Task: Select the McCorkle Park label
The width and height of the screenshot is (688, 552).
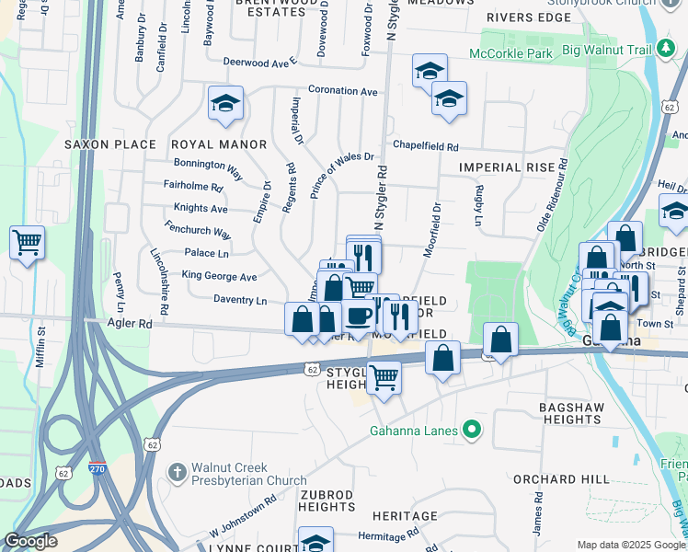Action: click(x=510, y=54)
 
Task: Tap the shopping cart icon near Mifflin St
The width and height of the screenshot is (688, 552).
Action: click(x=27, y=243)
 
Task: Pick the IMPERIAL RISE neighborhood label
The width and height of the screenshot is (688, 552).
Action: click(x=508, y=167)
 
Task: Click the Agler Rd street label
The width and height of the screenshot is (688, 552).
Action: click(x=132, y=324)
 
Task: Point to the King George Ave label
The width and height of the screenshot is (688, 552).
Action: click(x=219, y=276)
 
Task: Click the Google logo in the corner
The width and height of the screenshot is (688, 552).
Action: click(x=31, y=541)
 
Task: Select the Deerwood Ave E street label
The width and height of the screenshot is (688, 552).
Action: click(x=261, y=63)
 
